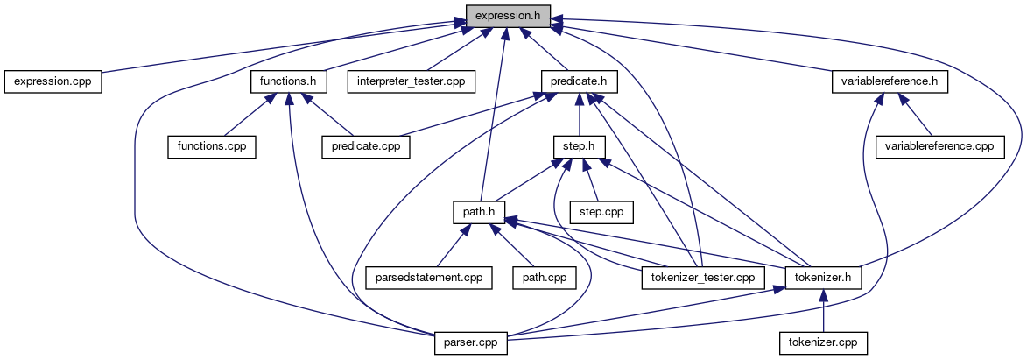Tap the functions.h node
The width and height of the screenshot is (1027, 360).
(x=289, y=81)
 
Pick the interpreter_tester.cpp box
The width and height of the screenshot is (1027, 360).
(x=412, y=81)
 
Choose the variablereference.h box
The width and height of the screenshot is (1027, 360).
(x=890, y=81)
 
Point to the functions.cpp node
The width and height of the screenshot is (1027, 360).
(x=212, y=146)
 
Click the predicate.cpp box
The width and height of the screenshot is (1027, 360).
(x=366, y=146)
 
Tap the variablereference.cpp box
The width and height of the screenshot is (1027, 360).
(x=940, y=146)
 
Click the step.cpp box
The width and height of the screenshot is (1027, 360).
(x=601, y=211)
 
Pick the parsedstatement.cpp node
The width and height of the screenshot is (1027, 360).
(x=428, y=277)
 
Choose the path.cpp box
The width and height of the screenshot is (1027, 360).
(x=545, y=277)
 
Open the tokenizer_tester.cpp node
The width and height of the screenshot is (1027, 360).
(x=703, y=277)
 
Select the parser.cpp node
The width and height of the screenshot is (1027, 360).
(x=471, y=342)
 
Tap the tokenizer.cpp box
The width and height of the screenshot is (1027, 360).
(x=823, y=342)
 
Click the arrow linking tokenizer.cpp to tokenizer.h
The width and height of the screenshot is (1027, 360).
(x=823, y=309)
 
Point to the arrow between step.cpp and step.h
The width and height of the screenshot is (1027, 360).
(x=590, y=180)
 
